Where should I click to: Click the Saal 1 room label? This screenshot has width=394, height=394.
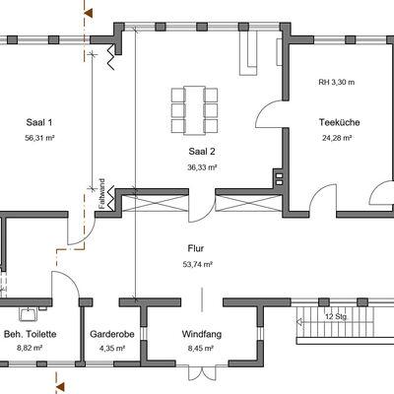[39, 123]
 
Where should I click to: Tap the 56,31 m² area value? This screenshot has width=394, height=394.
[39, 138]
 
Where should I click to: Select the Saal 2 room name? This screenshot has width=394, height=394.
[202, 152]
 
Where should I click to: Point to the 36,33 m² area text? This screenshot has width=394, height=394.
[202, 167]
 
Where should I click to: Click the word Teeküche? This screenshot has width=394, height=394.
[340, 122]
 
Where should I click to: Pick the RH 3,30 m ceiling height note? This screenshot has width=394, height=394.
[337, 82]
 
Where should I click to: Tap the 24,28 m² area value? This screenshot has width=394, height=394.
[337, 138]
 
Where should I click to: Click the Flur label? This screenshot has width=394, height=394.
[196, 248]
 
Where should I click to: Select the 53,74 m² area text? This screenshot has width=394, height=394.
[198, 264]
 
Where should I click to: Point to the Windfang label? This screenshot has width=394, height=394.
[202, 334]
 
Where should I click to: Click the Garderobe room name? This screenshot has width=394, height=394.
[112, 334]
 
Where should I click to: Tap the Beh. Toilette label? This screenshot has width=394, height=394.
[30, 334]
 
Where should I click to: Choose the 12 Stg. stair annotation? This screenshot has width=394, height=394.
[337, 317]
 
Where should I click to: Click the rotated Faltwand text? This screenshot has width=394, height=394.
[101, 194]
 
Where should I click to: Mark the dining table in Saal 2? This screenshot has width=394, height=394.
[194, 110]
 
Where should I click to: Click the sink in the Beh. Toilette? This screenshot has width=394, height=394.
[29, 314]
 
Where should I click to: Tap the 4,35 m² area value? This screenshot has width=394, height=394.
[112, 349]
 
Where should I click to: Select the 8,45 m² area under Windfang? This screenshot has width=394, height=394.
[201, 349]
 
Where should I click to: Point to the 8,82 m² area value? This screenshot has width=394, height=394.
[30, 349]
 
